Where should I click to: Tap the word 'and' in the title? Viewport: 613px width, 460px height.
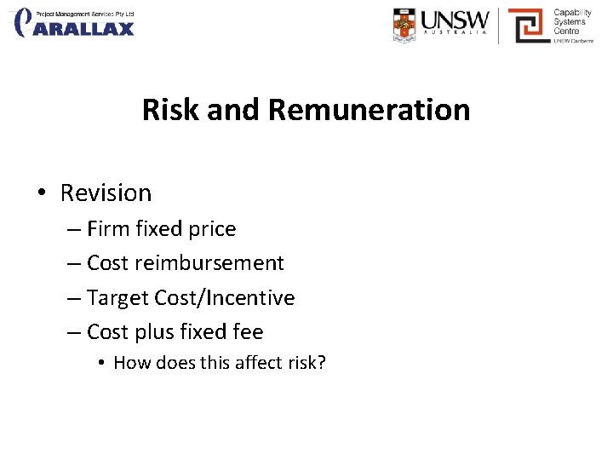coord(233,110)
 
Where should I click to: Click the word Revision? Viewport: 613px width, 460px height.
coord(106,193)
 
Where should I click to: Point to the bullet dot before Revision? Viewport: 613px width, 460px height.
coord(42,193)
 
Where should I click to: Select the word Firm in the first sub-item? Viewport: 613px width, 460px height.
coord(107,229)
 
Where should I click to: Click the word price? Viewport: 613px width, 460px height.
coord(212,229)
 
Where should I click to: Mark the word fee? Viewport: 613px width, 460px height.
coord(247,332)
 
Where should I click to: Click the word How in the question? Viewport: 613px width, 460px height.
coord(131,363)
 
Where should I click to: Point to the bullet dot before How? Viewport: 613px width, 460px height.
coord(100,363)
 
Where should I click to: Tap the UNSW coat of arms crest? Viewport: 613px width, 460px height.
coord(405,25)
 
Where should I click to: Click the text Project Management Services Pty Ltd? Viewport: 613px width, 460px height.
coord(84,14)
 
